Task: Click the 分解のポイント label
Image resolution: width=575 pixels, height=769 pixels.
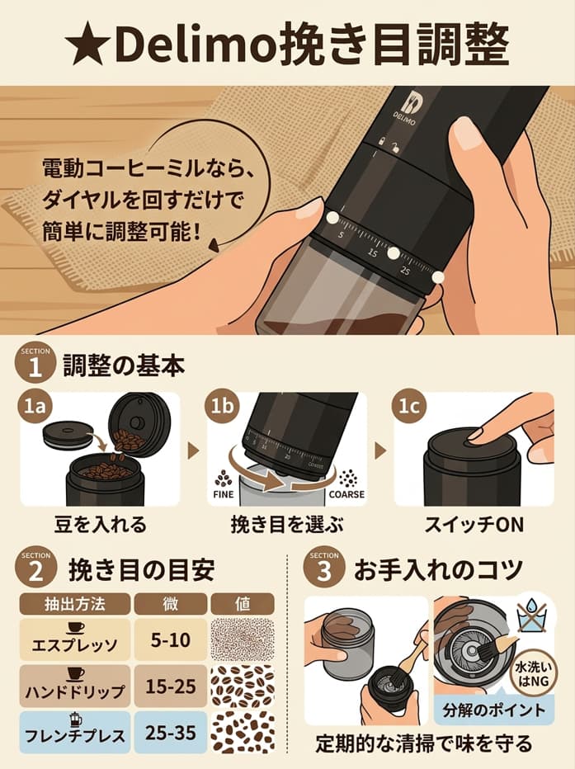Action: tap(493, 710)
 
